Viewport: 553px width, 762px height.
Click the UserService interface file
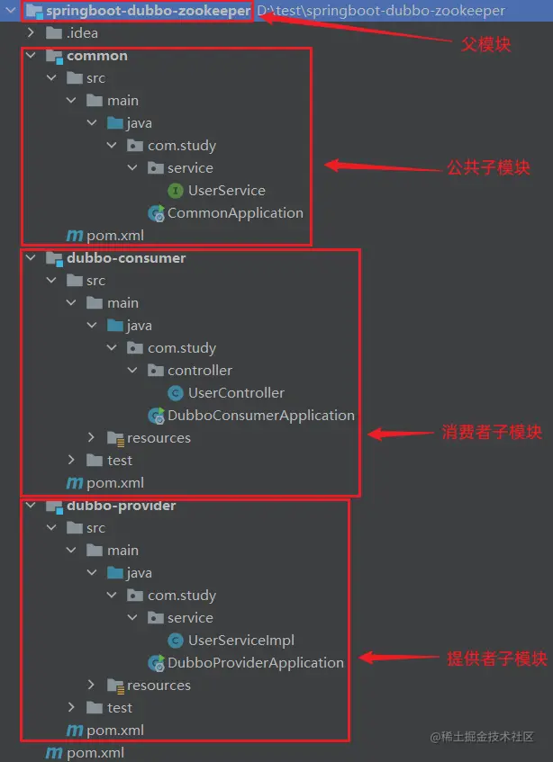[226, 191]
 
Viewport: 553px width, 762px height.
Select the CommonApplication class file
[234, 213]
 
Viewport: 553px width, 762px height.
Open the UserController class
[236, 393]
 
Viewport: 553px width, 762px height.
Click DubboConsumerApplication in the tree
[260, 416]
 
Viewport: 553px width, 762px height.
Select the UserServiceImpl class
[240, 641]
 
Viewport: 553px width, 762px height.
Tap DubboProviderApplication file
[255, 663]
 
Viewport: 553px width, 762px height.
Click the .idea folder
[82, 33]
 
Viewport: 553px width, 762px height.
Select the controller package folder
[199, 371]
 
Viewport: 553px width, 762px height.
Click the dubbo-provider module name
[121, 506]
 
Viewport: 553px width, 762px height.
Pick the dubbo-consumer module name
[126, 258]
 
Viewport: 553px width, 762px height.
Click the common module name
[96, 56]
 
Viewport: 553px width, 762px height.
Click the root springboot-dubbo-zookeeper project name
[147, 11]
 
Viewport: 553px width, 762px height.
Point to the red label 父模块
[485, 44]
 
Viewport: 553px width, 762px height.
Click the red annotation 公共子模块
[489, 168]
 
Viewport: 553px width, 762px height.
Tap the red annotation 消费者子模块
[492, 433]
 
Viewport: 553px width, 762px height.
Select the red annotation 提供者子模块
[497, 659]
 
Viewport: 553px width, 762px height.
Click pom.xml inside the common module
[114, 236]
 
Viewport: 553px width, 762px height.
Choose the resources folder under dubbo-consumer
[159, 438]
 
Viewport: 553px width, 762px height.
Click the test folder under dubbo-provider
[119, 708]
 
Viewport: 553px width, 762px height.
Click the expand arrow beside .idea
[32, 33]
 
